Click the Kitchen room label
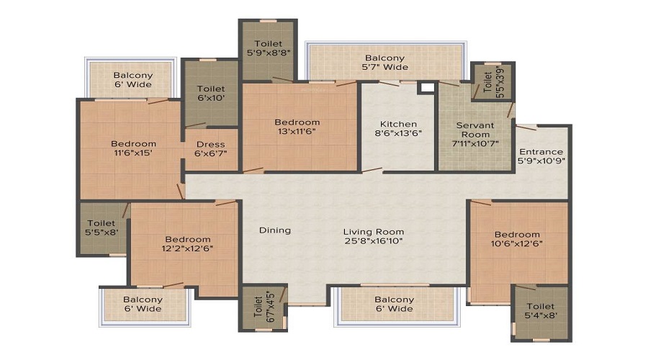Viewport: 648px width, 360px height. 398,129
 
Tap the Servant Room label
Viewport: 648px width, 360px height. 475,135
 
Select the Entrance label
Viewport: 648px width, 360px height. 541,156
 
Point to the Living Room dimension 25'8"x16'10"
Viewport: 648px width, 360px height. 374,241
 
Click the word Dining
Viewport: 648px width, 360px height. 275,230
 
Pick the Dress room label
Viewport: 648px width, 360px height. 211,149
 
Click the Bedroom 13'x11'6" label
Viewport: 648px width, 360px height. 297,127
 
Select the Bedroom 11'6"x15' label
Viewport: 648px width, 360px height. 133,148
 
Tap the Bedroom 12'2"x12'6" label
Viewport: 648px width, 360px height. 188,244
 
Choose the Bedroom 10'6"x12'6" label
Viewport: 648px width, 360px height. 517,239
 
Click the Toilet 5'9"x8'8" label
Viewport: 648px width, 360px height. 269,48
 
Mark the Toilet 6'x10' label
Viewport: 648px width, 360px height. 211,93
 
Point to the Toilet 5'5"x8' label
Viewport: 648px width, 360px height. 102,228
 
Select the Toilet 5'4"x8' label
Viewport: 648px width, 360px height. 541,311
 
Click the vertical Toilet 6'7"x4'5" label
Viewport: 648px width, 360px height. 264,307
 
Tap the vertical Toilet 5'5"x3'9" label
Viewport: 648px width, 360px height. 493,81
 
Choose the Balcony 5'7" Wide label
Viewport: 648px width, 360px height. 384,63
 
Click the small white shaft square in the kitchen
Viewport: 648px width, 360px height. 428,88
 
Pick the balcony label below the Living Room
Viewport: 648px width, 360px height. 395,305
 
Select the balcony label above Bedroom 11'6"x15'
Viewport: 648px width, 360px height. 133,80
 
